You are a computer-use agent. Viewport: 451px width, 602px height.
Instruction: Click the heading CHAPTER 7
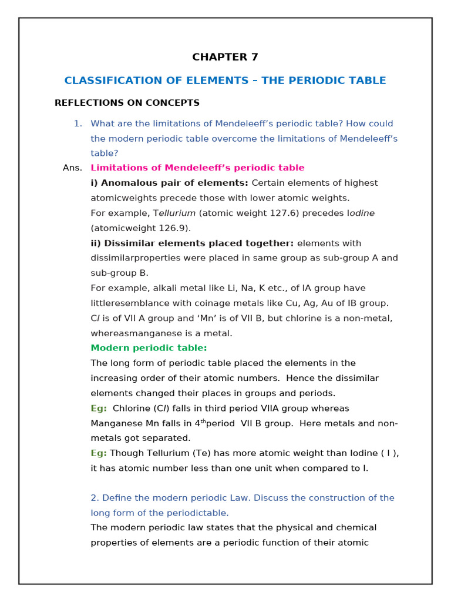225,57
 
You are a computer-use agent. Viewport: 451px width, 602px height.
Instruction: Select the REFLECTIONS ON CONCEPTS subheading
127,103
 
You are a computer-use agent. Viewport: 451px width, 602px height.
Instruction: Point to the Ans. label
72,168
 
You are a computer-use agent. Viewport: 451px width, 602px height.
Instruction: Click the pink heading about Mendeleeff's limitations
197,168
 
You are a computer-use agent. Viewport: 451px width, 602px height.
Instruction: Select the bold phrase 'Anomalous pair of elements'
169,183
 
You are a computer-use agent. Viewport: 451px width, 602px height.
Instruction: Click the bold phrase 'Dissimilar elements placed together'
192,243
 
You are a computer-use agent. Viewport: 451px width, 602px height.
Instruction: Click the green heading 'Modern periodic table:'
149,348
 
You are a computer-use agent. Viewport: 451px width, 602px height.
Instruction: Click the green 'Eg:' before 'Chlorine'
99,408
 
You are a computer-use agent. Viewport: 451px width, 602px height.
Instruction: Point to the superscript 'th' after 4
203,422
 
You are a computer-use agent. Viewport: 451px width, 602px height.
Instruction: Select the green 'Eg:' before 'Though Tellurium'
99,453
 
